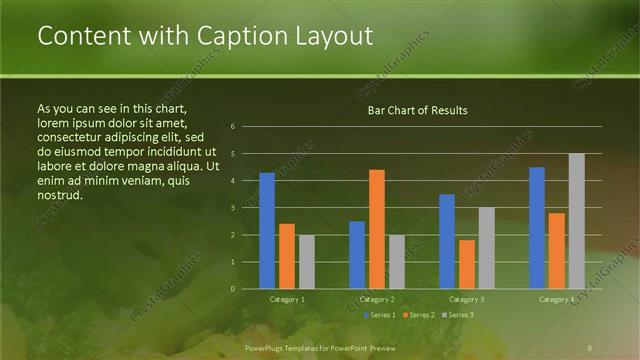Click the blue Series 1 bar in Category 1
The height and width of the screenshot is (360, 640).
(x=267, y=231)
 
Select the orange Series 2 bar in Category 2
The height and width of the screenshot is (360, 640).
(x=377, y=229)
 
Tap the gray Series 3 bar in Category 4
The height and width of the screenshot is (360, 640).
(x=576, y=221)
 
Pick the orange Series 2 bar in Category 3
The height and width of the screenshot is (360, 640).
(x=467, y=264)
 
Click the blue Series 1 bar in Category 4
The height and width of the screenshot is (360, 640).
(x=537, y=228)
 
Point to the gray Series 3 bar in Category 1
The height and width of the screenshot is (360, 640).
(x=307, y=262)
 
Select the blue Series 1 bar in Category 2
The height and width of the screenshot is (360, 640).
(x=357, y=255)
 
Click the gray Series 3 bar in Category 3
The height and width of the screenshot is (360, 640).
(x=487, y=248)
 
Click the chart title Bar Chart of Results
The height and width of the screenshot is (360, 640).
(x=417, y=110)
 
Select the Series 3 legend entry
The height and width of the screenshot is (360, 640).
(x=458, y=315)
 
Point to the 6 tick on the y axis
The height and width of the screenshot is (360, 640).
(x=232, y=127)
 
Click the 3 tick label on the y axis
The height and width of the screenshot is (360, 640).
(x=232, y=208)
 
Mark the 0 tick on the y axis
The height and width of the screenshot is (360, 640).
(x=232, y=289)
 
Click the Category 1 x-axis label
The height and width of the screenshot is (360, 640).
(x=287, y=299)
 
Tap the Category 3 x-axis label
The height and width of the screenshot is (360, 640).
(x=467, y=299)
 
